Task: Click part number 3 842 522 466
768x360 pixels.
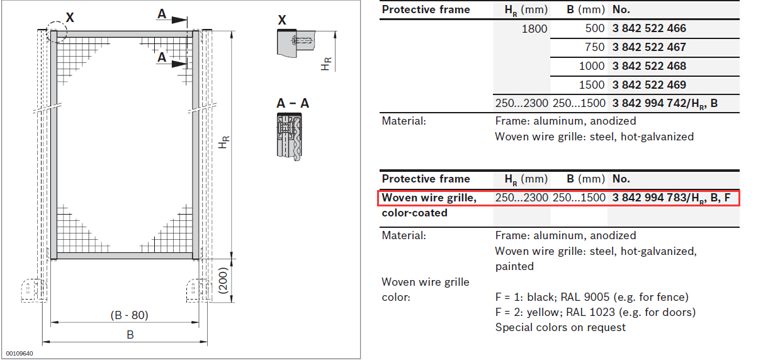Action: point(649,28)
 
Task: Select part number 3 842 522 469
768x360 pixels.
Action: point(649,85)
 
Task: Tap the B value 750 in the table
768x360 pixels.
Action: point(594,47)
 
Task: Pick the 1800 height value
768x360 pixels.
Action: point(534,29)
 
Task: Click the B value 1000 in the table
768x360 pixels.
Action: point(592,66)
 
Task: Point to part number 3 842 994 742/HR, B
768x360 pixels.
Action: point(665,104)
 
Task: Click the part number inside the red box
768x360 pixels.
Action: point(671,198)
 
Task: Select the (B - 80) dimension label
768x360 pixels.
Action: point(129,315)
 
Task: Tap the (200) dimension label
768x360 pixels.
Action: point(223,281)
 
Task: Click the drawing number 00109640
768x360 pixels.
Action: point(20,354)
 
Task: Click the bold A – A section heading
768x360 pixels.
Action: point(293,103)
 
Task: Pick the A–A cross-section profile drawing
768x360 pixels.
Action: point(290,137)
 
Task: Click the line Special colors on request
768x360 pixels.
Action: point(560,328)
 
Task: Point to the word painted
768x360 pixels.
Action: point(514,266)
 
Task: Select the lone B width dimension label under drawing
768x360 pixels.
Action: point(130,335)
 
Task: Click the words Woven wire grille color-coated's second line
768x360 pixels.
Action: point(414,213)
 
